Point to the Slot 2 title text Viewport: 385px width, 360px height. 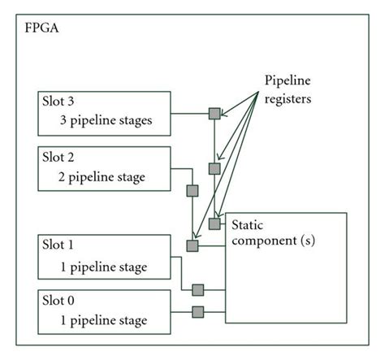coord(60,156)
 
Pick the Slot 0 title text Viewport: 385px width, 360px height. coord(60,299)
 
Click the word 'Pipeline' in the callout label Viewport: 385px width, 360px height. coord(288,81)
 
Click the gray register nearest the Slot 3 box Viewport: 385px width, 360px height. coord(214,114)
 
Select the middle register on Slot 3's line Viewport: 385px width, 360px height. coord(214,169)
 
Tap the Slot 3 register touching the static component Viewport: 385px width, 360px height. coord(214,223)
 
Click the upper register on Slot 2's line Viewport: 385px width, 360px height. coord(192,191)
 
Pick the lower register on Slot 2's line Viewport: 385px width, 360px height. coord(192,245)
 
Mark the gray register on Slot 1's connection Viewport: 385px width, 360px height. coord(197,289)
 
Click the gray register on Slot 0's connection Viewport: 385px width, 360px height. coord(197,311)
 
